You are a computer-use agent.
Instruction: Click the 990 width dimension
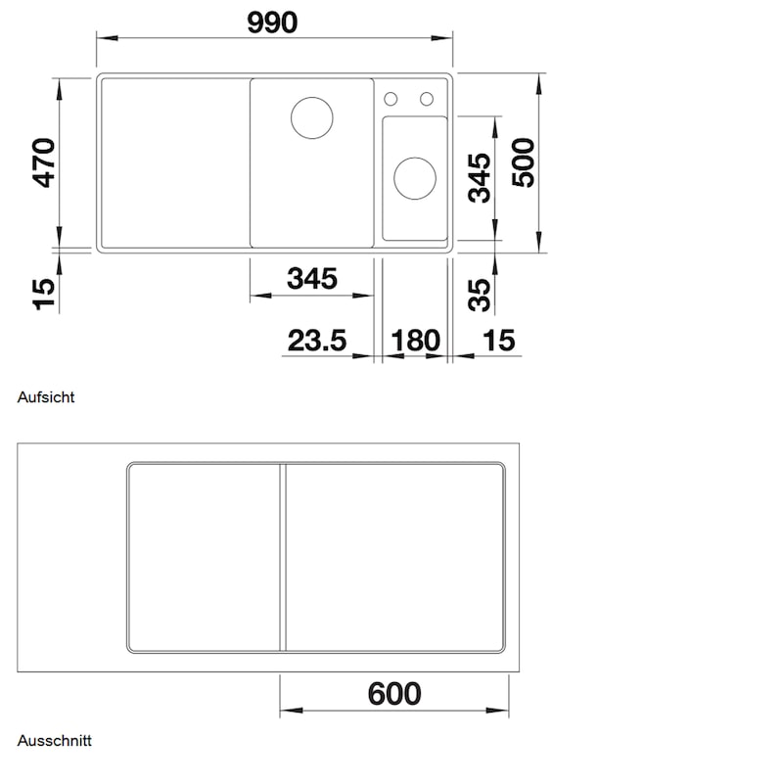pyautogui.click(x=272, y=23)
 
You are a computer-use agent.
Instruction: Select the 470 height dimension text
pyautogui.click(x=44, y=162)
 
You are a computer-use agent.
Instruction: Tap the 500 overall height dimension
pyautogui.click(x=524, y=162)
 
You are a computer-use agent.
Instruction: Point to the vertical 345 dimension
pyautogui.click(x=480, y=178)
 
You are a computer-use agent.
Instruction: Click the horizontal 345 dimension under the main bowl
pyautogui.click(x=312, y=279)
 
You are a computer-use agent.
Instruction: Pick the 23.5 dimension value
pyautogui.click(x=317, y=341)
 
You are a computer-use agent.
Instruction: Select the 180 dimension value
pyautogui.click(x=415, y=341)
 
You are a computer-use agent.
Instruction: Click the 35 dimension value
pyautogui.click(x=480, y=296)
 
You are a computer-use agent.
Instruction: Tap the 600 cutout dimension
pyautogui.click(x=394, y=694)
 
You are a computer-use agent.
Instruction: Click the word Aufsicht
pyautogui.click(x=46, y=397)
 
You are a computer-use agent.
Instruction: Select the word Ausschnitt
pyautogui.click(x=55, y=740)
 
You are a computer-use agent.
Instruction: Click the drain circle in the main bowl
pyautogui.click(x=312, y=117)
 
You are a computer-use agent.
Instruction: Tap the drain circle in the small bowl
pyautogui.click(x=415, y=178)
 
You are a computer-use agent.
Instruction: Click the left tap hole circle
pyautogui.click(x=391, y=99)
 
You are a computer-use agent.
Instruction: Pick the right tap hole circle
pyautogui.click(x=427, y=99)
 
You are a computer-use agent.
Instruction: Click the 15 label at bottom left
pyautogui.click(x=44, y=295)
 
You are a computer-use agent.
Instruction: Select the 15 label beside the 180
pyautogui.click(x=499, y=341)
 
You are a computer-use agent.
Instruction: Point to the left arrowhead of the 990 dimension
pyautogui.click(x=107, y=38)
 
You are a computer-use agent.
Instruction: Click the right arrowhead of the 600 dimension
pyautogui.click(x=498, y=711)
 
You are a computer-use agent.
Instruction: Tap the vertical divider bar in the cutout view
pyautogui.click(x=283, y=557)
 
